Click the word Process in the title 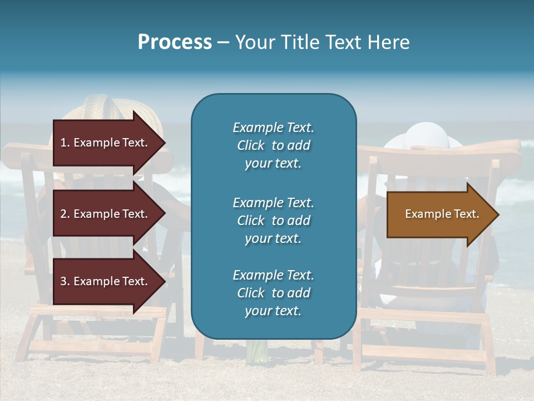coord(175,42)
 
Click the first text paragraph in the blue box coord(273,145)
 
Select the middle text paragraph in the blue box coord(273,221)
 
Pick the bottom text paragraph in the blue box coord(273,293)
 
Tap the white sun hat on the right coord(424,136)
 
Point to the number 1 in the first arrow coord(63,143)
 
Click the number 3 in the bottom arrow coord(63,281)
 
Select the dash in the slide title coord(223,43)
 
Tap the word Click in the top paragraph coord(250,145)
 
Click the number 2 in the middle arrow coord(63,214)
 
